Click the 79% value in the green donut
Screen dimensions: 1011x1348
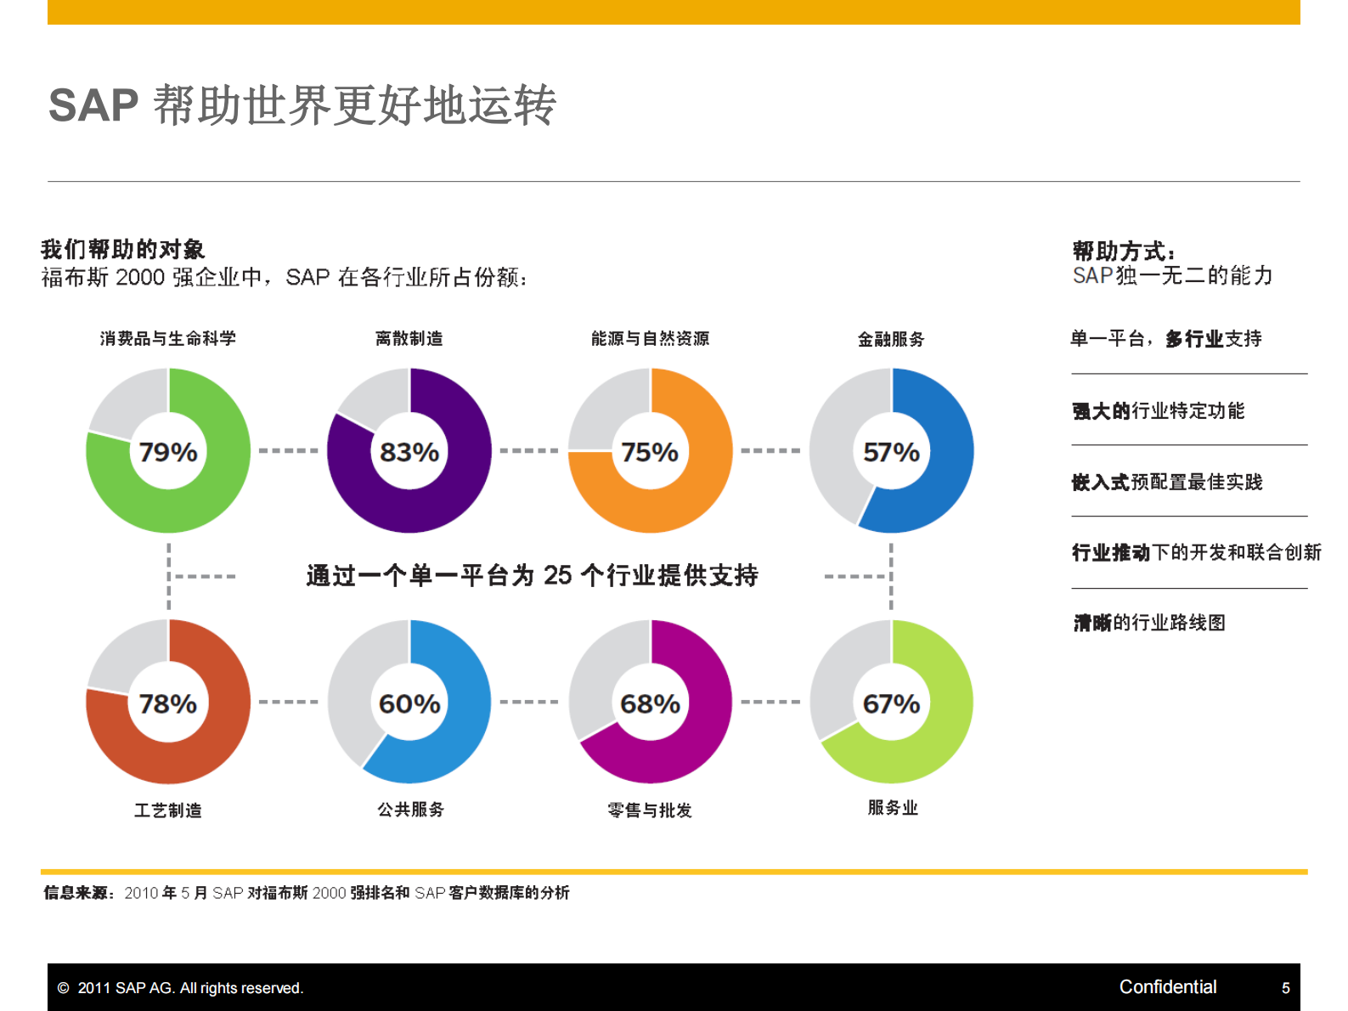coord(168,452)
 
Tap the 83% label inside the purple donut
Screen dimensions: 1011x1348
coord(409,452)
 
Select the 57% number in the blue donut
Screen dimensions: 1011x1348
coord(891,452)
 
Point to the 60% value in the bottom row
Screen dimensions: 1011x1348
coord(409,703)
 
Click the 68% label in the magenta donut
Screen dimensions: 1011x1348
coord(650,703)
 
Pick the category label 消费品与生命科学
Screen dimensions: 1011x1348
coord(168,338)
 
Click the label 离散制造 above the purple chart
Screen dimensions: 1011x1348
coord(409,338)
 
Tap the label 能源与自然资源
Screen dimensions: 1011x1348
coord(650,338)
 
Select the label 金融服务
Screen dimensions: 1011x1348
coord(891,339)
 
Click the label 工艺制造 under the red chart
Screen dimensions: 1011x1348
coord(168,810)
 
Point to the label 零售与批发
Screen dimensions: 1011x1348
coord(650,810)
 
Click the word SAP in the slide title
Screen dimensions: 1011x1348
coord(93,106)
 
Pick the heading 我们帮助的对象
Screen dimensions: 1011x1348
coord(123,249)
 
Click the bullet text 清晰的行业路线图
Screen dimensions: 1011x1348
coord(1149,623)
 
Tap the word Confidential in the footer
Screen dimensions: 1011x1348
coord(1167,986)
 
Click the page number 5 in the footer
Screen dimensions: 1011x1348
coord(1285,987)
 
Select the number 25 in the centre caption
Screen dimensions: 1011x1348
coord(558,575)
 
